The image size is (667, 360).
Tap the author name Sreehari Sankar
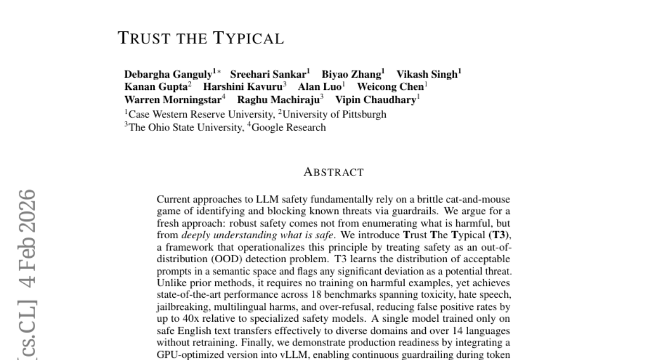pyautogui.click(x=268, y=74)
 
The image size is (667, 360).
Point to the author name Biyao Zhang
pyautogui.click(x=351, y=74)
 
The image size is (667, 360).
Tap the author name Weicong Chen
pyautogui.click(x=390, y=87)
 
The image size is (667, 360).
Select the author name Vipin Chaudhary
pyautogui.click(x=375, y=100)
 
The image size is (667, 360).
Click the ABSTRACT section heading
pyautogui.click(x=333, y=172)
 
